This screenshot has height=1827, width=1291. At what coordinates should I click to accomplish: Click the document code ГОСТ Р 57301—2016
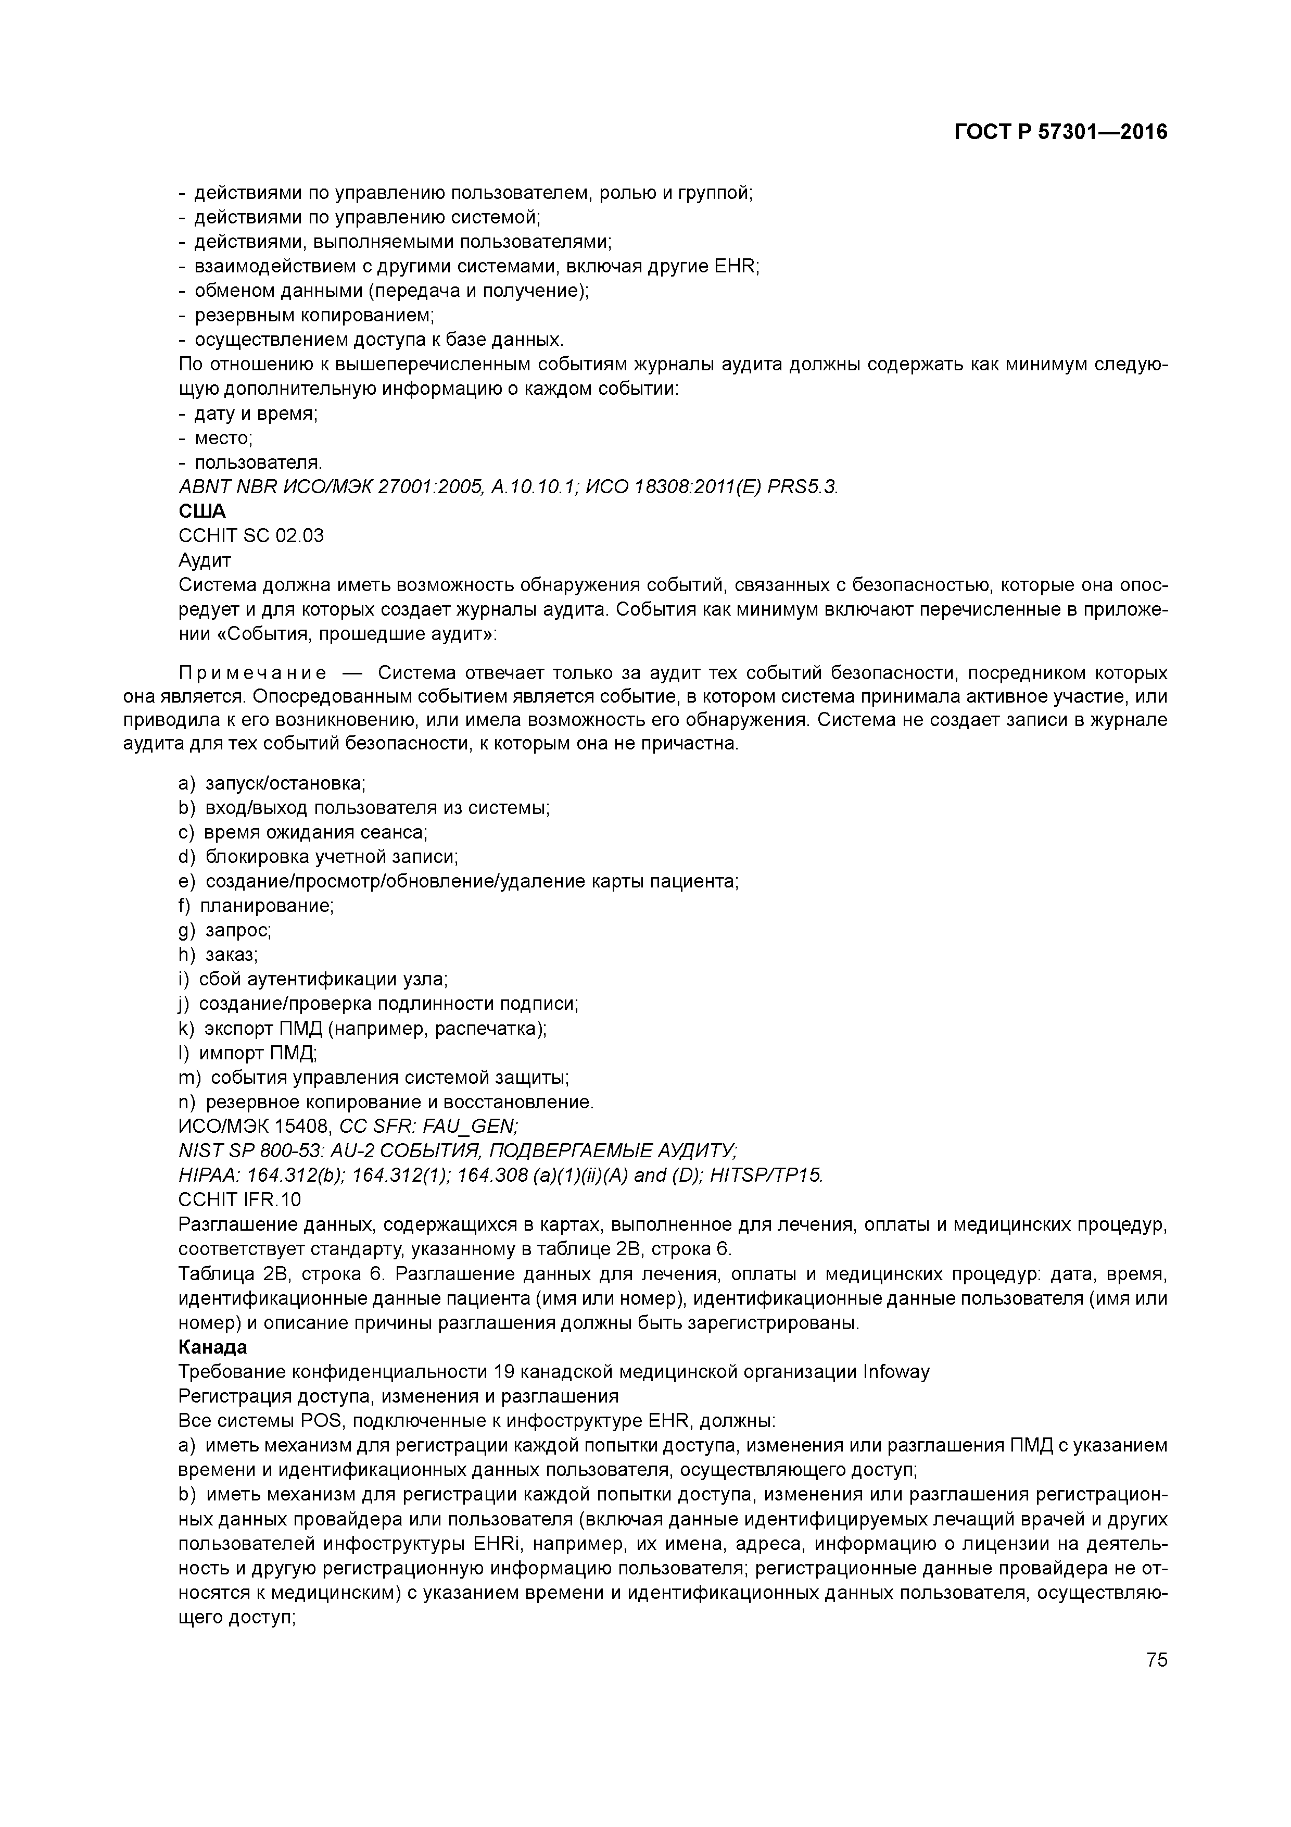point(1060,132)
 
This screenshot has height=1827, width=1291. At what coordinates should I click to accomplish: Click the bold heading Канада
point(212,1347)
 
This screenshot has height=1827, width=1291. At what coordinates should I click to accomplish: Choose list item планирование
point(265,906)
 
